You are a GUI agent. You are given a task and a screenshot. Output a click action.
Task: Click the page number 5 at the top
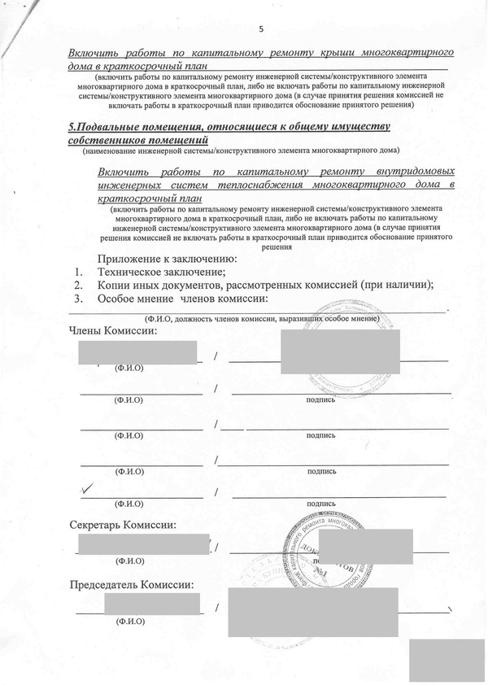click(261, 29)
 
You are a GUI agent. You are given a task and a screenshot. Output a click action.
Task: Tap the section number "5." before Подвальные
click(72, 127)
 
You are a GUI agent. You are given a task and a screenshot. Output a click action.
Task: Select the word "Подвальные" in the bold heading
click(114, 127)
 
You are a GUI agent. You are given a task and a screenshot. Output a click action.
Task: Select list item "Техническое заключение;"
click(161, 272)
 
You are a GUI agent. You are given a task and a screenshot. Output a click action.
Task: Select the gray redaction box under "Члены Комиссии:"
click(138, 352)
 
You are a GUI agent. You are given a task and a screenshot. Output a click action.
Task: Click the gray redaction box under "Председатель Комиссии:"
click(151, 604)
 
